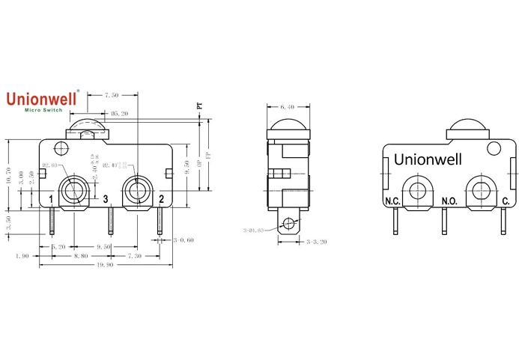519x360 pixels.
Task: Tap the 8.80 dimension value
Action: pos(79,255)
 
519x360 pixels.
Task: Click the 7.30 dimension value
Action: pos(136,255)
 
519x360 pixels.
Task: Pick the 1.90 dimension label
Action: pos(22,255)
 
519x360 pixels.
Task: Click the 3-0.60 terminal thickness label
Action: pos(183,240)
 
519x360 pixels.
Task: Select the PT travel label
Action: pos(199,106)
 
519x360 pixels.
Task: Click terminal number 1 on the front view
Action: pos(50,199)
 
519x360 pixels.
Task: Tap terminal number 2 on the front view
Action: pos(161,199)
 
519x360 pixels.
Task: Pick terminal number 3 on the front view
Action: pos(106,199)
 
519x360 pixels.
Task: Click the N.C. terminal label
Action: pos(392,201)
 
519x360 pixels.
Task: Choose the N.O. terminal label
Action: pos(449,201)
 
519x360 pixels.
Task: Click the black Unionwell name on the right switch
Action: pos(428,159)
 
